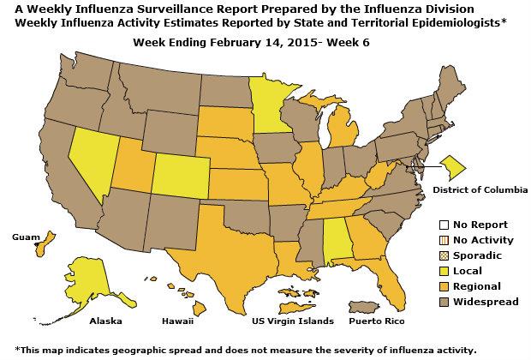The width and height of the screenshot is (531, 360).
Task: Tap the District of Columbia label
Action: pos(480,189)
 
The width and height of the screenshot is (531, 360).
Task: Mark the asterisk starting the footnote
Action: pos(17,350)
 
